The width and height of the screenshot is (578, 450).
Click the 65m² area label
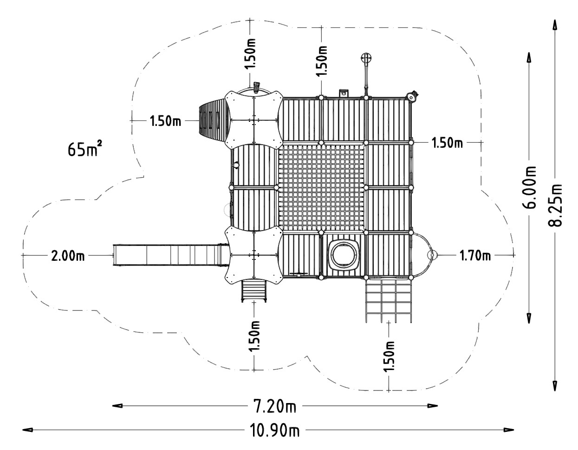[85, 149]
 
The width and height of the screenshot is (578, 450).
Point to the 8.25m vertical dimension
[555, 205]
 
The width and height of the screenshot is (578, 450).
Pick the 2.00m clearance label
[68, 256]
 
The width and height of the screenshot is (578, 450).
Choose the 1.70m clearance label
[474, 255]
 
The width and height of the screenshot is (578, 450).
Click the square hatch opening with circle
[344, 255]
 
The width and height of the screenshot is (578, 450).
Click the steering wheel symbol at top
[366, 59]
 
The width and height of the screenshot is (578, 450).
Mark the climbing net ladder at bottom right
[389, 300]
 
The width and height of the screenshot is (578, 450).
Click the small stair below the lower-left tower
[254, 291]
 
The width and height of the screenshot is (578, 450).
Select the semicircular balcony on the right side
[424, 255]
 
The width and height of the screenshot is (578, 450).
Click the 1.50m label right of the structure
[448, 143]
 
